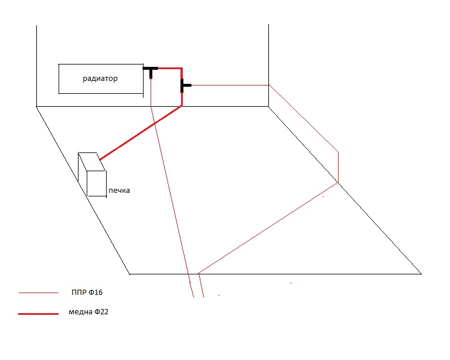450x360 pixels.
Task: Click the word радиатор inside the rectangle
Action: pyautogui.click(x=100, y=79)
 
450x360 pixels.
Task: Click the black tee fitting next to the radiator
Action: pyautogui.click(x=151, y=70)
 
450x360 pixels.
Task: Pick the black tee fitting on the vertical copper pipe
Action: pyautogui.click(x=185, y=86)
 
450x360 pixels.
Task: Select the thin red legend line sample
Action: pyautogui.click(x=38, y=292)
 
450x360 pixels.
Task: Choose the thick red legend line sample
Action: pyautogui.click(x=38, y=314)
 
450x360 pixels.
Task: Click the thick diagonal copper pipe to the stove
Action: pyautogui.click(x=141, y=134)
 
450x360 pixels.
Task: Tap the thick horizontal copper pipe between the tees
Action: pyautogui.click(x=168, y=68)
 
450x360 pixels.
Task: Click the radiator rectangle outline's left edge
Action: pyautogui.click(x=59, y=79)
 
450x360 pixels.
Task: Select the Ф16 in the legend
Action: pyautogui.click(x=101, y=291)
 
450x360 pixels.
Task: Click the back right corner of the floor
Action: pyautogui.click(x=269, y=107)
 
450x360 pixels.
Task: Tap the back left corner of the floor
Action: pyautogui.click(x=36, y=107)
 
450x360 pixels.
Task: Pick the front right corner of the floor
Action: pyautogui.click(x=421, y=273)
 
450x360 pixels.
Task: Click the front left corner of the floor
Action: pyautogui.click(x=129, y=274)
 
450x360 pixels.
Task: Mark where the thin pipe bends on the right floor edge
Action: pyautogui.click(x=338, y=182)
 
